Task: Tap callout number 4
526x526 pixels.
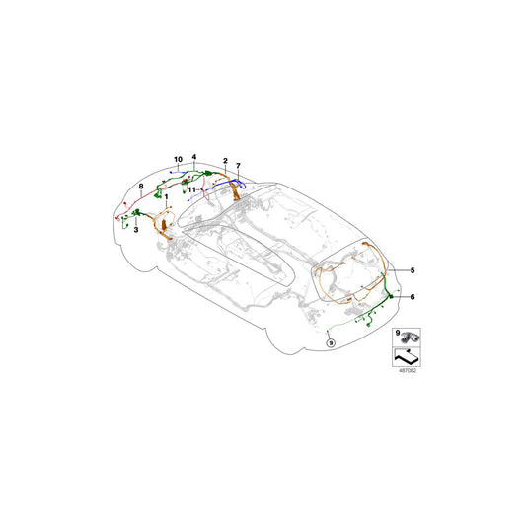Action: (x=195, y=158)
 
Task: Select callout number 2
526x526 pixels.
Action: (x=226, y=160)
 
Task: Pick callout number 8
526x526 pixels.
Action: (x=142, y=186)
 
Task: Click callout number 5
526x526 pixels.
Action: (x=413, y=269)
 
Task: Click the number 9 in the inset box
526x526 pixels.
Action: (x=398, y=336)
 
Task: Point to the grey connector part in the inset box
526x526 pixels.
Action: (x=413, y=338)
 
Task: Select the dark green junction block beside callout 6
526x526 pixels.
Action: (x=392, y=296)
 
